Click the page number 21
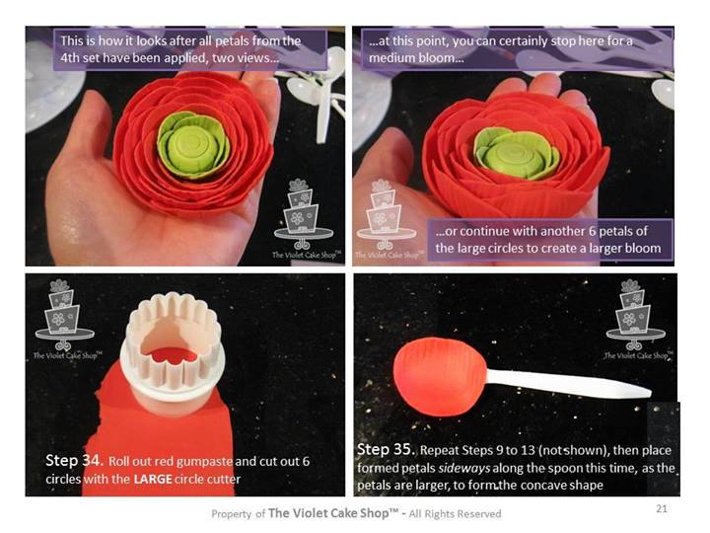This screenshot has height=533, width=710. [x=662, y=508]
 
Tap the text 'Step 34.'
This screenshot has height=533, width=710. [x=75, y=461]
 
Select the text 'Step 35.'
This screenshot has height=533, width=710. [x=387, y=450]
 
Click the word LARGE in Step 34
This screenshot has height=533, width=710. [x=153, y=479]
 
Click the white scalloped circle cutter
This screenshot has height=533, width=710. [x=173, y=352]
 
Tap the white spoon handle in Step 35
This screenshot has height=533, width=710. [x=568, y=382]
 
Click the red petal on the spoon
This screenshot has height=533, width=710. [x=439, y=376]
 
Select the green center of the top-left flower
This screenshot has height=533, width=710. [x=192, y=144]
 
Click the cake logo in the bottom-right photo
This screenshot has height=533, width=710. [x=637, y=319]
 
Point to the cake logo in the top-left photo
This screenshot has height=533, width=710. [x=305, y=219]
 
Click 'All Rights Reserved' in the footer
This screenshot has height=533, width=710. [x=455, y=514]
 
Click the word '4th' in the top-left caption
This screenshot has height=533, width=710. [x=70, y=58]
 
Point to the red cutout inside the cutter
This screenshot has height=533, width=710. [x=174, y=355]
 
